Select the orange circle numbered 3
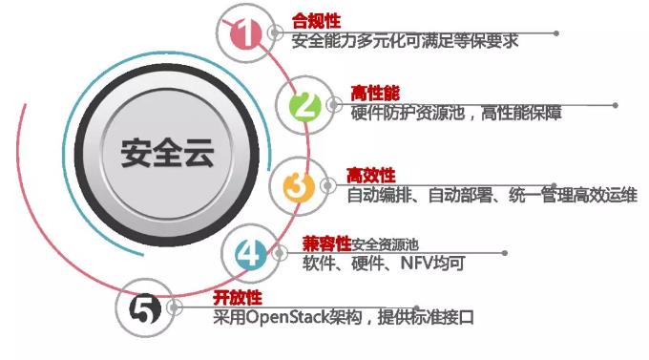pos(298,185)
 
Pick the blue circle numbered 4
pos(247,253)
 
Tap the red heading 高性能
pos(373,93)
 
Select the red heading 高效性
pos(369,175)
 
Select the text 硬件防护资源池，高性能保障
pos(443,113)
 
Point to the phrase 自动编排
pos(378,196)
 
